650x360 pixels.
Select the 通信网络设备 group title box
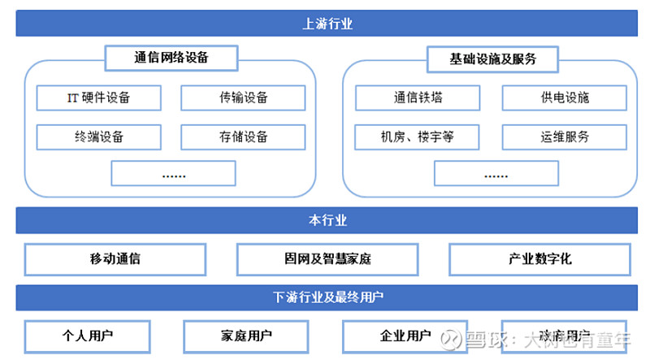pyautogui.click(x=171, y=59)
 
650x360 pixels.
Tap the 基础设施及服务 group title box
pyautogui.click(x=492, y=59)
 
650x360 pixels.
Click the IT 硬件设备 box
pyautogui.click(x=98, y=98)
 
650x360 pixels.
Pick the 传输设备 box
pyautogui.click(x=243, y=98)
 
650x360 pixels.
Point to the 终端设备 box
pyautogui.click(x=98, y=137)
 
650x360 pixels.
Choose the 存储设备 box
pyautogui.click(x=243, y=137)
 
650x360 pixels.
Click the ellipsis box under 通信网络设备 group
pyautogui.click(x=173, y=173)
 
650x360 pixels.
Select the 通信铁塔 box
pyautogui.click(x=418, y=98)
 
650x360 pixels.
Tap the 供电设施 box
pyautogui.click(x=564, y=98)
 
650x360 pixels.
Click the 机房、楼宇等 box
pyautogui.click(x=418, y=137)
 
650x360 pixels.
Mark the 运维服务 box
pyautogui.click(x=564, y=137)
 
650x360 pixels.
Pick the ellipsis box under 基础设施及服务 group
pyautogui.click(x=496, y=173)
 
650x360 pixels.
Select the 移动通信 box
pyautogui.click(x=115, y=259)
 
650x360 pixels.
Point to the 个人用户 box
pyautogui.click(x=88, y=336)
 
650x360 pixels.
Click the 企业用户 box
pyautogui.click(x=405, y=336)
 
